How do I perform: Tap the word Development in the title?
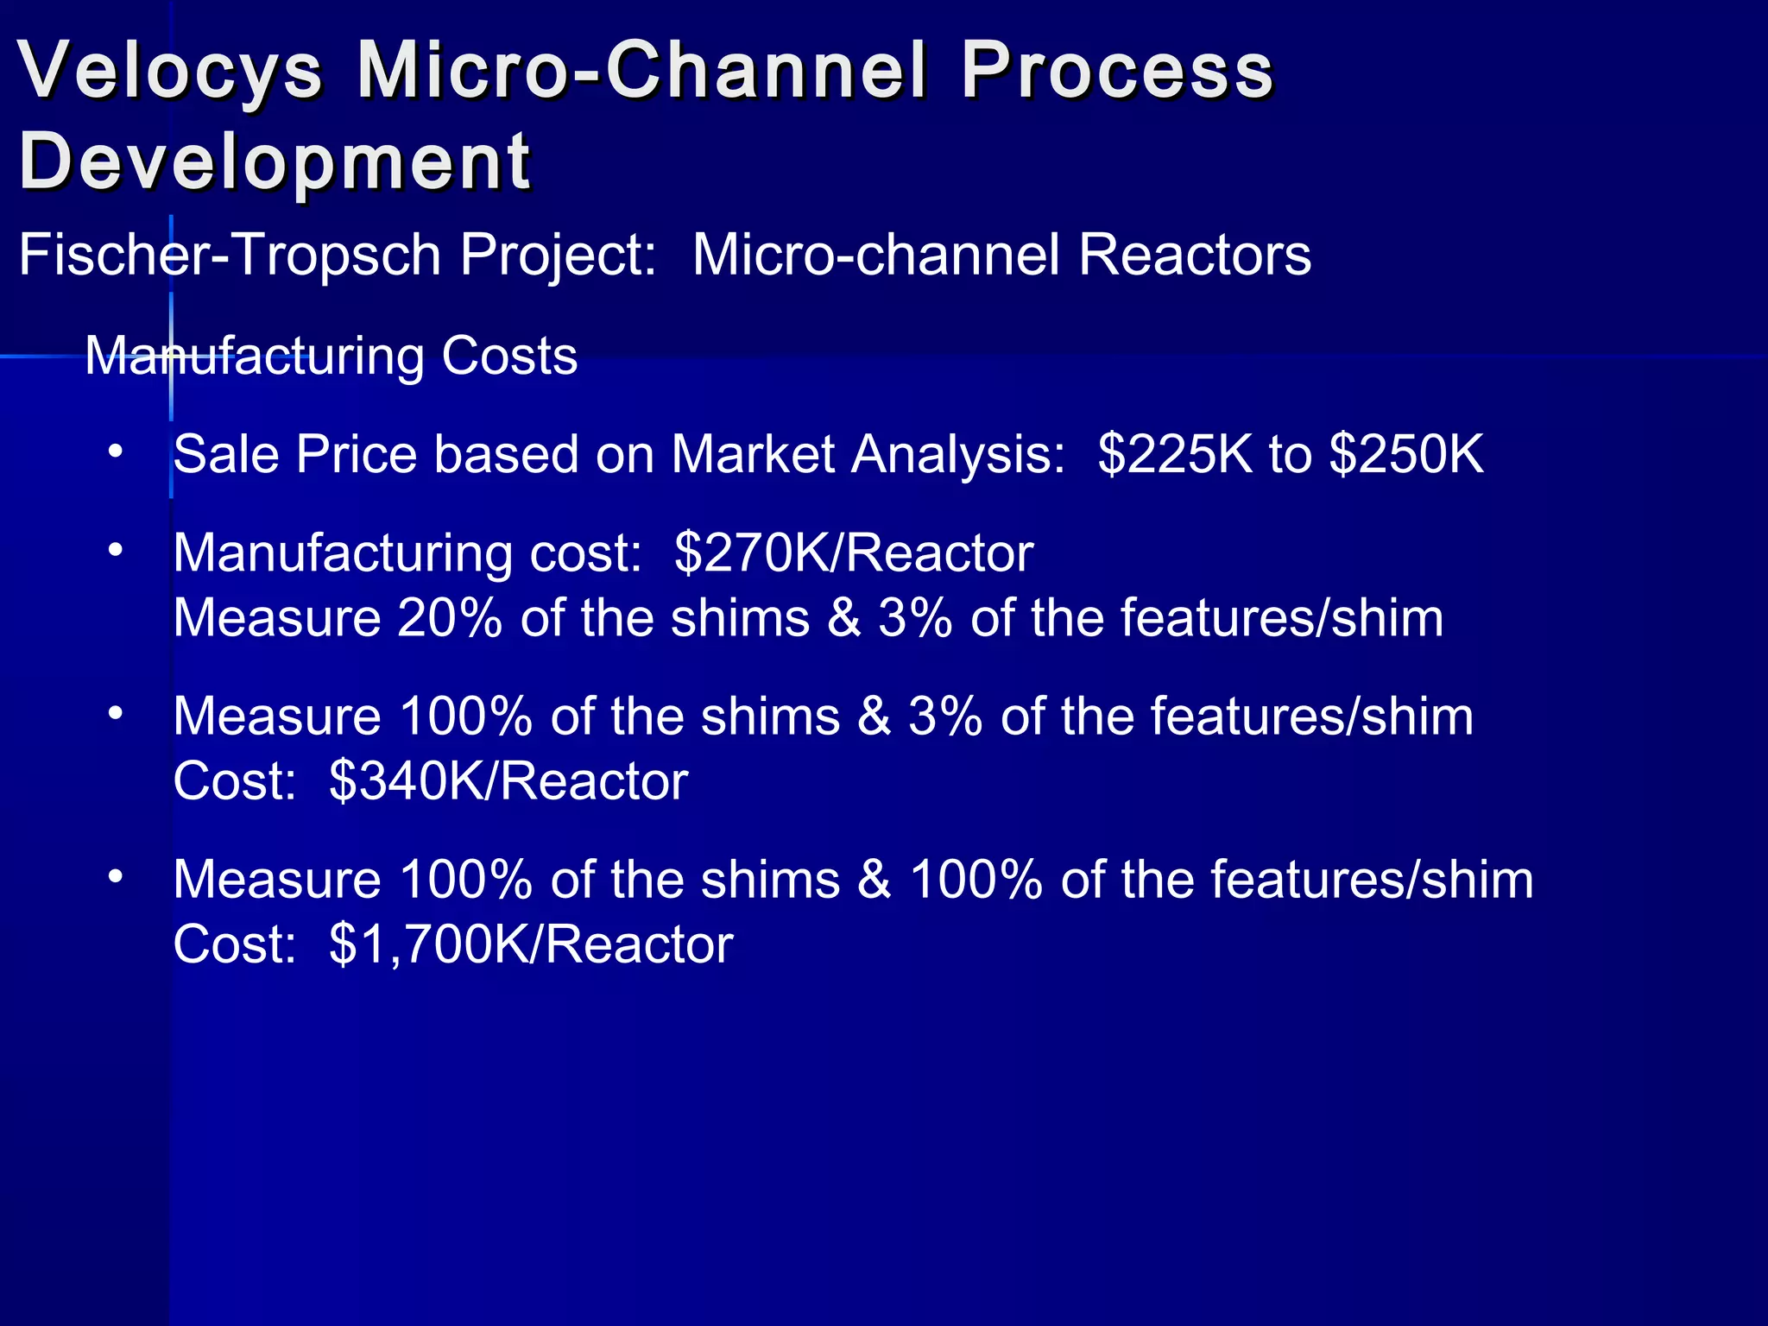[x=275, y=161]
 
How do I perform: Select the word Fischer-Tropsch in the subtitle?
[x=230, y=256]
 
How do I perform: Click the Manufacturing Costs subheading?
[x=331, y=356]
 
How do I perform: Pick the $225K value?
[x=1175, y=454]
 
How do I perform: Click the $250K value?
[x=1406, y=454]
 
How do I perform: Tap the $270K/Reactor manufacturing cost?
[x=854, y=552]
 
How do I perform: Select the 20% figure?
[x=450, y=618]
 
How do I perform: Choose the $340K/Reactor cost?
[x=508, y=781]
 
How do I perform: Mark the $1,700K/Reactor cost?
[x=531, y=944]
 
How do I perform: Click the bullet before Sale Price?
[x=117, y=452]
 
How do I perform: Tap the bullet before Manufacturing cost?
[x=117, y=551]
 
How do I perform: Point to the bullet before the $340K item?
[x=117, y=714]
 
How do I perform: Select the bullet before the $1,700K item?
[x=117, y=877]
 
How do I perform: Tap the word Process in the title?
[x=1117, y=71]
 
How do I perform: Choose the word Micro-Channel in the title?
[x=643, y=71]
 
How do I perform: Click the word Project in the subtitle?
[x=558, y=256]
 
